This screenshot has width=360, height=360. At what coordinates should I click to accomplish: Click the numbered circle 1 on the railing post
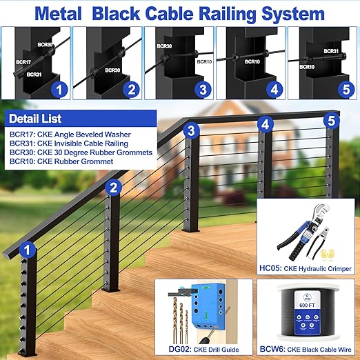coord(28,248)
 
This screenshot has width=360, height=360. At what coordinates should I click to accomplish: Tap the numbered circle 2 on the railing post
coord(114,186)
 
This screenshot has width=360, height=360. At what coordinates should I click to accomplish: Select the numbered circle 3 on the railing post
coord(192,130)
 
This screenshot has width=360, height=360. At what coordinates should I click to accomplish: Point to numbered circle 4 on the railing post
coord(265,125)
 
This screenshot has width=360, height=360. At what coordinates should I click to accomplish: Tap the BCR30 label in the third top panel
coord(164,47)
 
